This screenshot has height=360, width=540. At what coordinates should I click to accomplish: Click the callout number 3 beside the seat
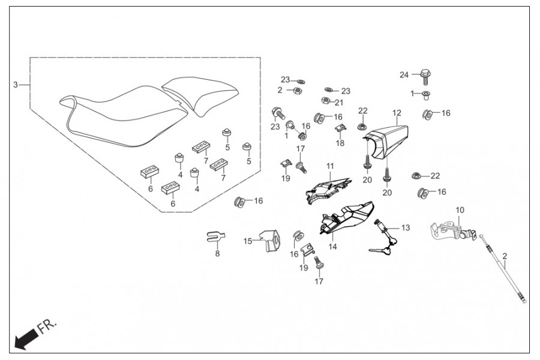[x=16, y=85]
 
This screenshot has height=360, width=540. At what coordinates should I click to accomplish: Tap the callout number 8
[x=217, y=254]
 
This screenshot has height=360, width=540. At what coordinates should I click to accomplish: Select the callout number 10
[x=460, y=210]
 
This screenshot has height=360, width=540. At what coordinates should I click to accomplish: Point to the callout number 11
[x=330, y=166]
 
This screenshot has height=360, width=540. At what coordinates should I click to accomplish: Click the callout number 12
[x=397, y=113]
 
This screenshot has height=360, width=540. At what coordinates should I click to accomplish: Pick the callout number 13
[x=406, y=227]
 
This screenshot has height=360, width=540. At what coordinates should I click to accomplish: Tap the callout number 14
[x=332, y=247]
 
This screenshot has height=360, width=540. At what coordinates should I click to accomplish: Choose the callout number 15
[x=248, y=241]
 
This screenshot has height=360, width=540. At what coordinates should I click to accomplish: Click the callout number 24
[x=404, y=75]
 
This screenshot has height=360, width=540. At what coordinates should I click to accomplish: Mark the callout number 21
[x=339, y=102]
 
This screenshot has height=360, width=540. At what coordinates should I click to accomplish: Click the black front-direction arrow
[x=24, y=340]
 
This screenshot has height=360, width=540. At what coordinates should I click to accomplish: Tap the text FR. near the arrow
[x=47, y=328]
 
